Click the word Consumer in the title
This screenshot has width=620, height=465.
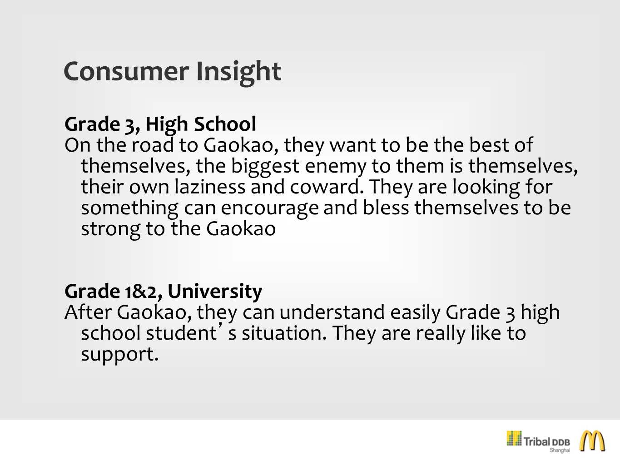[x=126, y=71]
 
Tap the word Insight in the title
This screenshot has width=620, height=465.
[x=238, y=72]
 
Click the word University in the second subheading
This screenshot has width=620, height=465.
[x=215, y=292]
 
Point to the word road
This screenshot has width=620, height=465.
[x=153, y=145]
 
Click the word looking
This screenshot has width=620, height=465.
[x=486, y=188]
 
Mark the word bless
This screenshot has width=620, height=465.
[x=386, y=208]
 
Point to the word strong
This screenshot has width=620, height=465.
[x=111, y=230]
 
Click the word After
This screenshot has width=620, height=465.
[x=88, y=312]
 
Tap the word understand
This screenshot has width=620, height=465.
[x=332, y=312]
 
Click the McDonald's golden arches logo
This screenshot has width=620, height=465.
[x=592, y=441]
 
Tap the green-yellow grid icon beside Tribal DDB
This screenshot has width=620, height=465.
[x=514, y=438]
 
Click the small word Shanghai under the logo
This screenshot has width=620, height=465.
[x=560, y=450]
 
